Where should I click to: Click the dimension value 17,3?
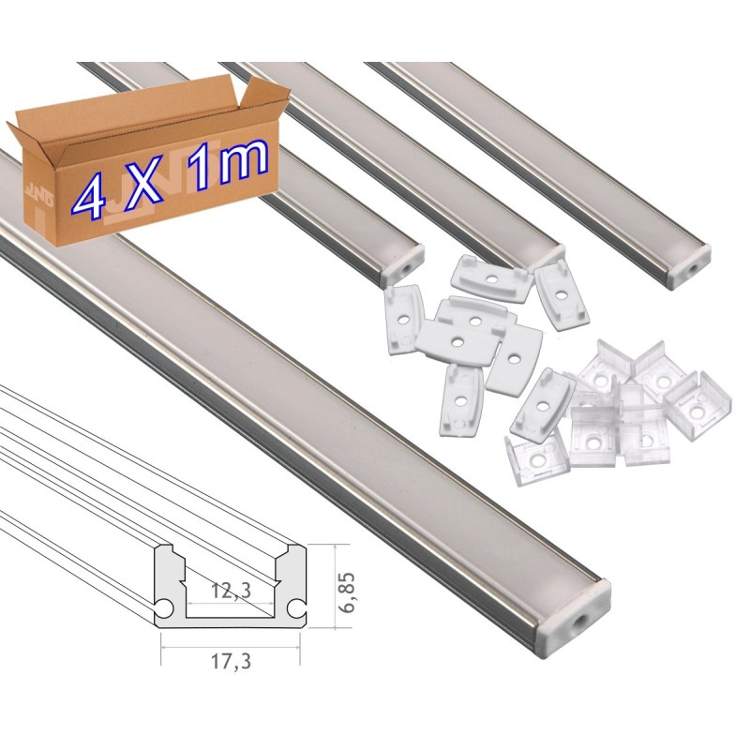tap(230, 662)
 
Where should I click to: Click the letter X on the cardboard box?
tap(144, 185)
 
